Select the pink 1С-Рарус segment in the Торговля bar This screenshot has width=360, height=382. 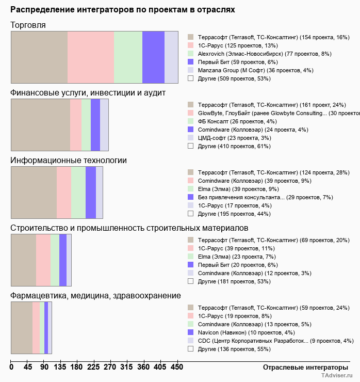pyautogui.click(x=91, y=57)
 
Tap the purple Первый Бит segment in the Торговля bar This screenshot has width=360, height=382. pyautogui.click(x=153, y=57)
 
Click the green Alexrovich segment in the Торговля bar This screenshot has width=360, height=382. pyautogui.click(x=128, y=57)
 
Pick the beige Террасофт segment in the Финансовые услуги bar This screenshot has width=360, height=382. pyautogui.click(x=40, y=124)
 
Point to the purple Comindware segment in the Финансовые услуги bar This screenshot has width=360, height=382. pyautogui.click(x=95, y=124)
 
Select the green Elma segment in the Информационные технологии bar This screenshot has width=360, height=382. pyautogui.click(x=78, y=193)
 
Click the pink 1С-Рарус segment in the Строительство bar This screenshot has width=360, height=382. pyautogui.click(x=43, y=260)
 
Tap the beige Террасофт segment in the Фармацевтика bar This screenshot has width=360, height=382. pyautogui.click(x=22, y=328)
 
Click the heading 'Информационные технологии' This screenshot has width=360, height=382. pyautogui.click(x=69, y=161)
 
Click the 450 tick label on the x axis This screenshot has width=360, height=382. pyautogui.click(x=177, y=367)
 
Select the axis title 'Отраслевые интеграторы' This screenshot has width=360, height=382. pyautogui.click(x=302, y=367)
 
